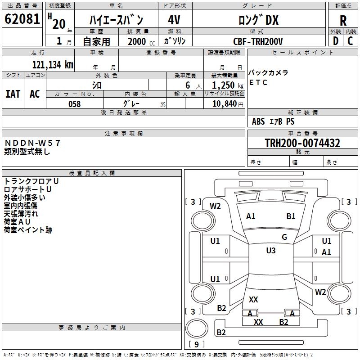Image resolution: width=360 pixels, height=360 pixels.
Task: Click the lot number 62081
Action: [x=22, y=19]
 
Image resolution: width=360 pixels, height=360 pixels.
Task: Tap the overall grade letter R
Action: [x=343, y=21]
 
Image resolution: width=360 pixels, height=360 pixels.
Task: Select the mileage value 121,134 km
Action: [x=53, y=65]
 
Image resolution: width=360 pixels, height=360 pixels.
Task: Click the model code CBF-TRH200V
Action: [x=258, y=41]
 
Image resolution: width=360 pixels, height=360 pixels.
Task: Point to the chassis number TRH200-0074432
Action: [x=302, y=143]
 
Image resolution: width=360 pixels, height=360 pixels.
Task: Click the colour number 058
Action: [x=75, y=104]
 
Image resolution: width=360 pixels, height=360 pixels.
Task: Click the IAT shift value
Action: [x=13, y=94]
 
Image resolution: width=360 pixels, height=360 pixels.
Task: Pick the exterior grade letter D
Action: [x=336, y=41]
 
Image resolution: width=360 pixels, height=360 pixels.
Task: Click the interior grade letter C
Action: [x=350, y=41]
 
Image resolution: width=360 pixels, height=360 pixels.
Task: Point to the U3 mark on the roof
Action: [x=271, y=251]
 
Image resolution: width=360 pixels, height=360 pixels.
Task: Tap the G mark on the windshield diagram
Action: [x=284, y=237]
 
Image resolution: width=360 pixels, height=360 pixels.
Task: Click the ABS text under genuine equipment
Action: [x=258, y=121]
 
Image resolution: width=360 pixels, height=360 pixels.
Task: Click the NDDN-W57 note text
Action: [x=32, y=143]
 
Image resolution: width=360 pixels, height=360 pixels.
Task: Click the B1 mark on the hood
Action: [x=291, y=216]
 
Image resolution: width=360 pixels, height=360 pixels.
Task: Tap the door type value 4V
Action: [x=174, y=20]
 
